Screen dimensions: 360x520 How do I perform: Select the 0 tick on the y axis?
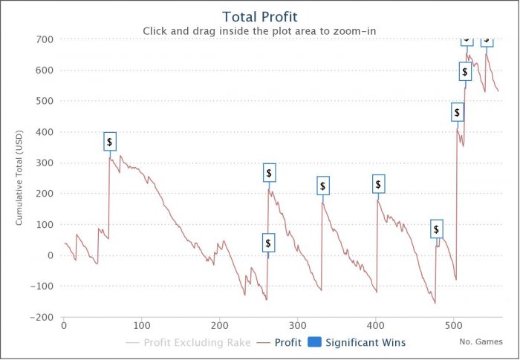(50, 255)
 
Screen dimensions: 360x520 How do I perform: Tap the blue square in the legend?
(314, 343)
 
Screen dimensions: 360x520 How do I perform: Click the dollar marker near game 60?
(110, 142)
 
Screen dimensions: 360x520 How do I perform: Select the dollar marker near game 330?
(322, 186)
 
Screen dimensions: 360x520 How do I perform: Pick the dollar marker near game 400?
(378, 184)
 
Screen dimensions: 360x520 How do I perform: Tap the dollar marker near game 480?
(437, 229)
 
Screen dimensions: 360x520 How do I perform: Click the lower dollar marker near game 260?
(269, 242)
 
